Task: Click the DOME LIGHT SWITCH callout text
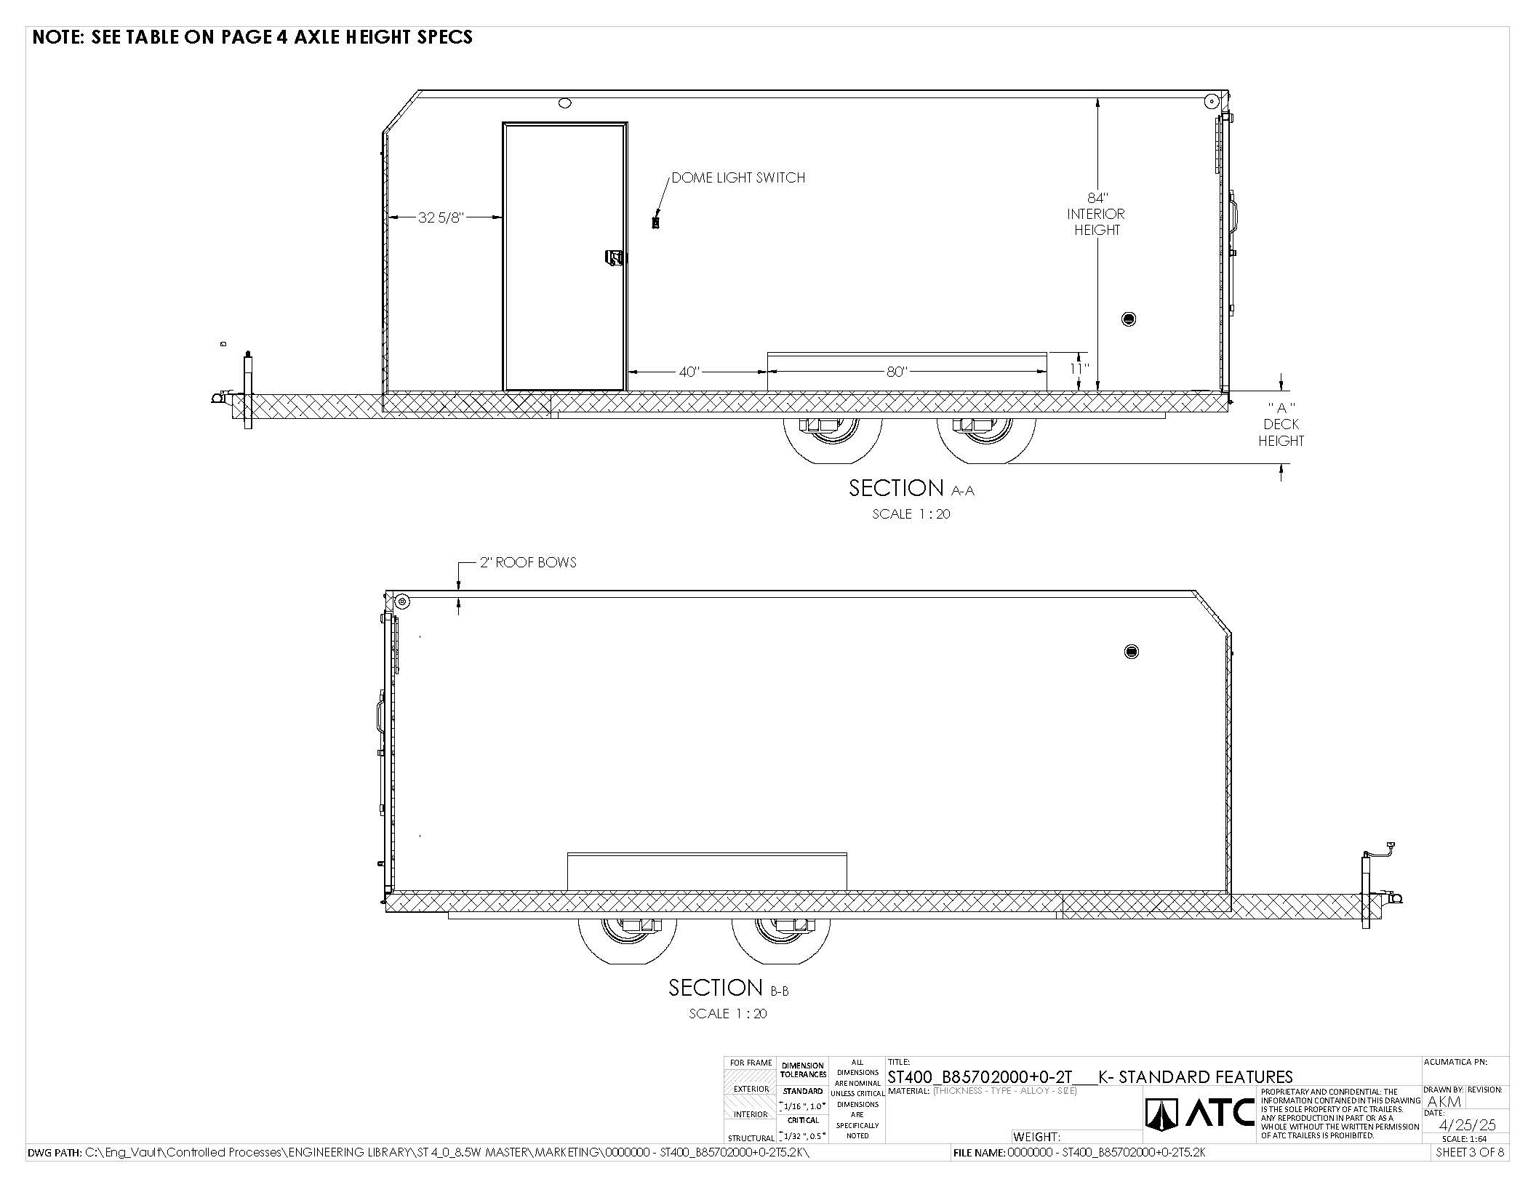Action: coord(738,177)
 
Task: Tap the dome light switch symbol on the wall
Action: coord(655,223)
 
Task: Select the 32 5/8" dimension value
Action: coord(441,217)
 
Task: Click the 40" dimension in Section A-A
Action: coord(689,372)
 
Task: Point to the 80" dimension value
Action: coord(897,372)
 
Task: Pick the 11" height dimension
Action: coord(1079,369)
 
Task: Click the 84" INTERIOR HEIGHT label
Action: coord(1096,214)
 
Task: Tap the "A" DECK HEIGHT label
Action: coord(1281,425)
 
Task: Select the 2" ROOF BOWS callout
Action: coord(528,562)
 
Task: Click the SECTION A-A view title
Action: coord(911,488)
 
